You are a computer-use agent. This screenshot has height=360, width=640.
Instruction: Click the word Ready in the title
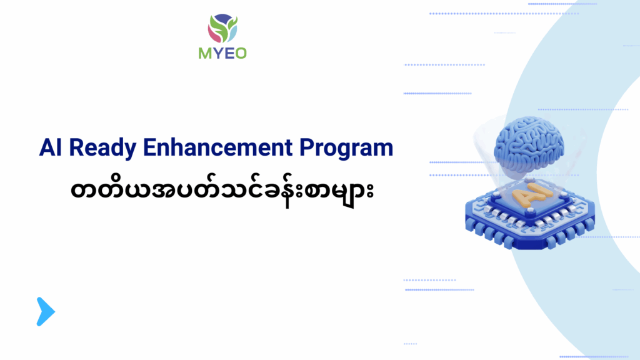(x=102, y=148)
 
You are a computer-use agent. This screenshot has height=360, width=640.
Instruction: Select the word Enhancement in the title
(x=217, y=147)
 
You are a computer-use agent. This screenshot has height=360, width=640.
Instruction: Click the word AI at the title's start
(x=50, y=147)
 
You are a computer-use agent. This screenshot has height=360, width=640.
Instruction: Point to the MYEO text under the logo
(x=222, y=53)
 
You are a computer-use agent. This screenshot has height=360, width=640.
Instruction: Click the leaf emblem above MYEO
(x=222, y=28)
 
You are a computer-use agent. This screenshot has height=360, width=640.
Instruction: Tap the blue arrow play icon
(x=45, y=311)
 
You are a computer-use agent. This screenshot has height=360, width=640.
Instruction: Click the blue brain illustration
(x=529, y=144)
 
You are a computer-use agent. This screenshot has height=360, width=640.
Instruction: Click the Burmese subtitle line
(x=222, y=191)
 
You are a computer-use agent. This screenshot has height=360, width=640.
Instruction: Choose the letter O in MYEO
(x=241, y=54)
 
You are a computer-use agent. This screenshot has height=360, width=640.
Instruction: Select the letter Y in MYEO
(x=217, y=54)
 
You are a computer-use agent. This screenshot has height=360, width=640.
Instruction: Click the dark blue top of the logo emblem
(x=222, y=17)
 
